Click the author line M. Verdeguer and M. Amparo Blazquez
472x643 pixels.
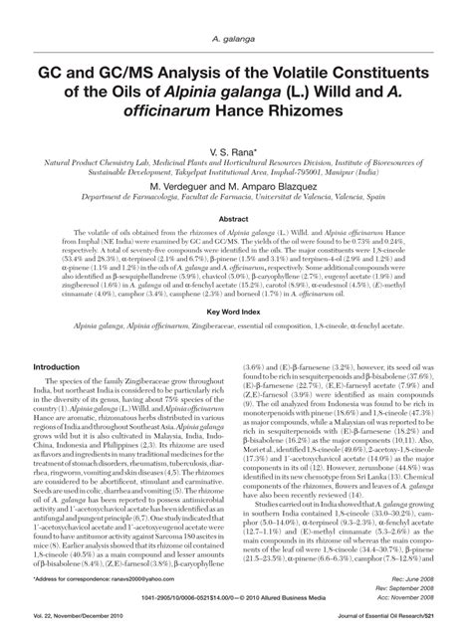coord(236,186)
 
